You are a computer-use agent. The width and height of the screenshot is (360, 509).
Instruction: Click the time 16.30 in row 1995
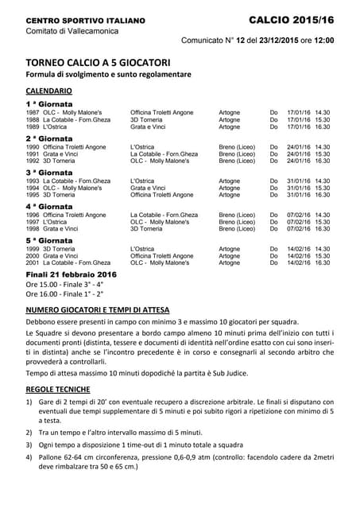(x=322, y=195)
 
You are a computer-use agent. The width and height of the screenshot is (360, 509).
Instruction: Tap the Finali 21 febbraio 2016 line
(x=71, y=274)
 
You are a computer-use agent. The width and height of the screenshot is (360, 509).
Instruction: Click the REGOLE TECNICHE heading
(x=57, y=390)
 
